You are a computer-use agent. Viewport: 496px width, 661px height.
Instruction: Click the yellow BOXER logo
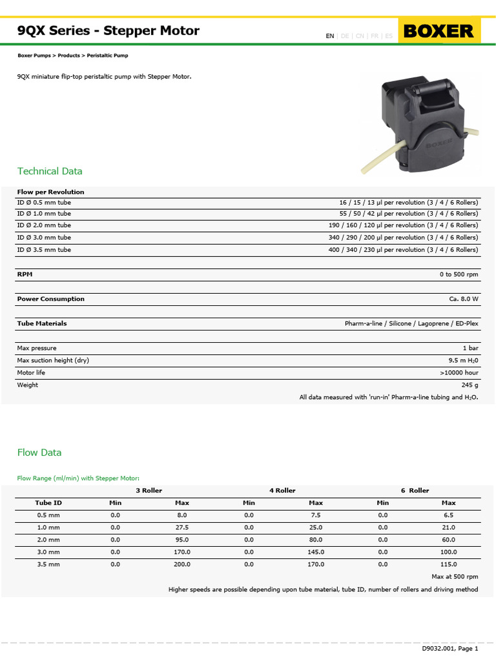(x=439, y=30)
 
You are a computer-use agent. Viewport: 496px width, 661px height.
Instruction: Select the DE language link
(x=345, y=36)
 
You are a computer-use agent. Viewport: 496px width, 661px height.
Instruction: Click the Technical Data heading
(x=50, y=171)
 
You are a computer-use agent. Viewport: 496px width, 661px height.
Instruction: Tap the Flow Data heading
(x=39, y=453)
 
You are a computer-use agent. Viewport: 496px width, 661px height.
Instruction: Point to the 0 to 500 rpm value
(x=459, y=274)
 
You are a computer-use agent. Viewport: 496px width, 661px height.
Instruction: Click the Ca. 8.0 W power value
(x=464, y=299)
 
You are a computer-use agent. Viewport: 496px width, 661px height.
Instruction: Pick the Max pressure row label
(x=36, y=348)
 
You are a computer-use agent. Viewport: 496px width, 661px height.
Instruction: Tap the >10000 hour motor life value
(x=459, y=372)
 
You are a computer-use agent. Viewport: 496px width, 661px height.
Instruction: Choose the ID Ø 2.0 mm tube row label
(x=44, y=225)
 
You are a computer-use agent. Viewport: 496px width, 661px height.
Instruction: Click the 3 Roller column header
(x=149, y=491)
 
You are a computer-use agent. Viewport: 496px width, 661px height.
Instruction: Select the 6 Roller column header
(x=415, y=491)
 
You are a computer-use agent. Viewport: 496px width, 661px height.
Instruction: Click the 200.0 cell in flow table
(x=181, y=564)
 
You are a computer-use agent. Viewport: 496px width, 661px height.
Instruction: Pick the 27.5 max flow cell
(x=181, y=527)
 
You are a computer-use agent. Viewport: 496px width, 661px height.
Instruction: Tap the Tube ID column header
(x=48, y=503)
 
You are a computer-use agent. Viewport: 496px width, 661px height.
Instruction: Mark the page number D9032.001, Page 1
(x=450, y=648)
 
